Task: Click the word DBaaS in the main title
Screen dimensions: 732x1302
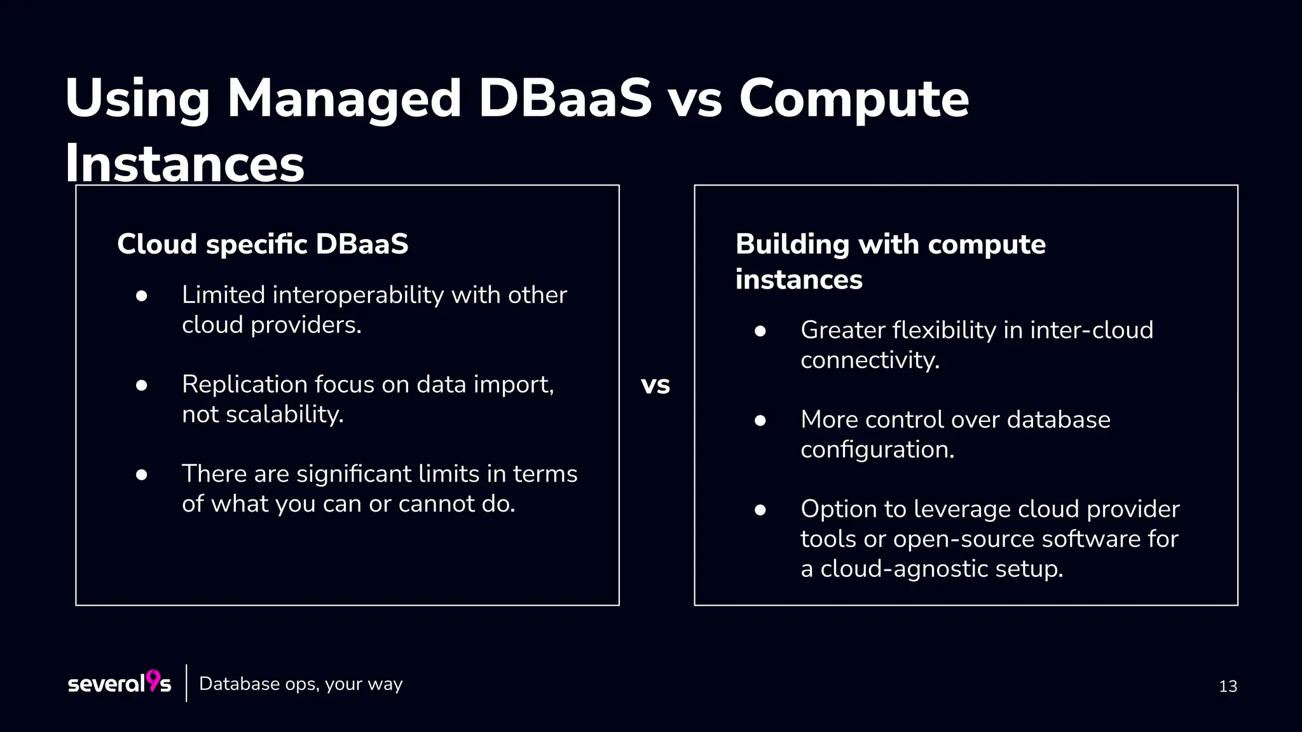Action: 565,98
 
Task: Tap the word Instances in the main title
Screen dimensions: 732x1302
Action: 184,163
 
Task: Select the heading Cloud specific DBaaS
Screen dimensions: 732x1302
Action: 263,244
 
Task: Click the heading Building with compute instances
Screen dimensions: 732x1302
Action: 890,261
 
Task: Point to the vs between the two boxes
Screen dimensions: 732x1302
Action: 655,385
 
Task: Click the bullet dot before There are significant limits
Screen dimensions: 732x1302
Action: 142,475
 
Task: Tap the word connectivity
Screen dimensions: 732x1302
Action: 870,360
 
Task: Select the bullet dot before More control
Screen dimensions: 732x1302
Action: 760,421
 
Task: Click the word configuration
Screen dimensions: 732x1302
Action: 877,450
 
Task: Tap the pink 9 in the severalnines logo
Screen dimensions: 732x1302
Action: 153,680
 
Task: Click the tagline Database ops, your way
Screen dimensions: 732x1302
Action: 301,684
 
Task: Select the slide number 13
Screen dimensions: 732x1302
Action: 1228,686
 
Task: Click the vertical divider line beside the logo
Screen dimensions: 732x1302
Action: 186,683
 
